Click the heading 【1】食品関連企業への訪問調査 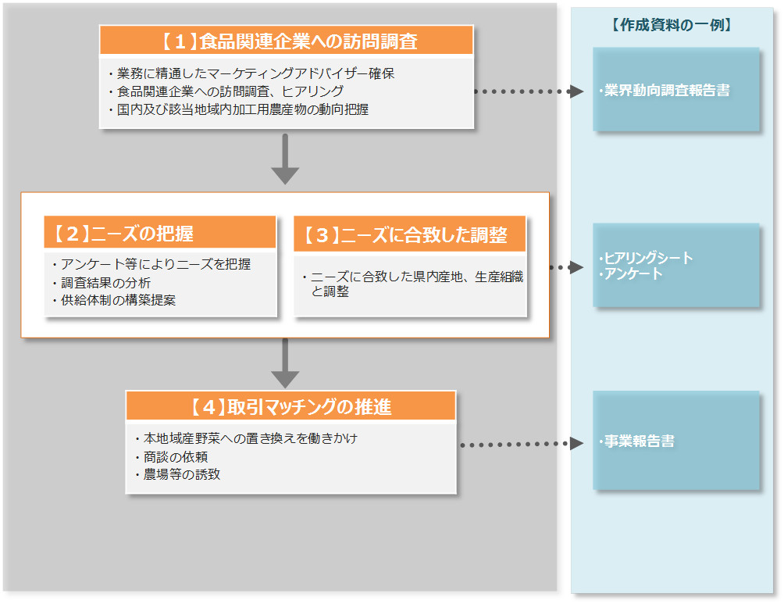click(x=287, y=41)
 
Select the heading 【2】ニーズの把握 click(x=160, y=233)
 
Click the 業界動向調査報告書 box click(x=675, y=90)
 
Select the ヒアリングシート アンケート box click(x=675, y=266)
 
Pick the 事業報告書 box click(x=675, y=441)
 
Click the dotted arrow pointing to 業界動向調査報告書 click(x=529, y=91)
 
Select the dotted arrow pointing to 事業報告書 click(x=521, y=444)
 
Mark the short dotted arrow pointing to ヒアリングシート click(x=566, y=267)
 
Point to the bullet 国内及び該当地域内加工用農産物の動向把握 click(x=242, y=109)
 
